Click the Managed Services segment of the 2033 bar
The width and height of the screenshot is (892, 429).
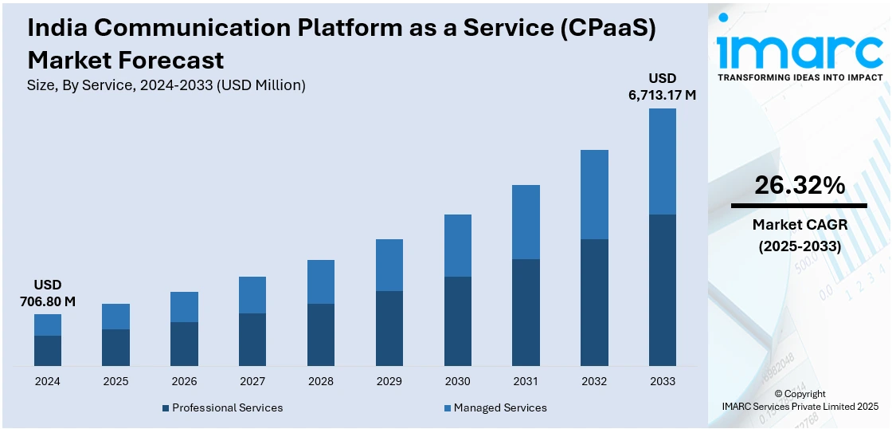662,161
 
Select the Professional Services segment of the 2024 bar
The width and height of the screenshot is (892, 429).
48,351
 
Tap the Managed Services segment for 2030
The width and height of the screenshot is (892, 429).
457,246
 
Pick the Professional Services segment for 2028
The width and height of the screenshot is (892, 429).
321,335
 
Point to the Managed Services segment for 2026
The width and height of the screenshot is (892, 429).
184,307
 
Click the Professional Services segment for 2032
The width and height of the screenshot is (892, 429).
594,303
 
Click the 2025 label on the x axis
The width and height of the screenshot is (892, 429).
115,381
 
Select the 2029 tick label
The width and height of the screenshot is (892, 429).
389,381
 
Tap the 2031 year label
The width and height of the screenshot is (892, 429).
526,381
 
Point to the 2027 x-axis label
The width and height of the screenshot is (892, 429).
252,381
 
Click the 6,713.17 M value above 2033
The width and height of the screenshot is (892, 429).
662,96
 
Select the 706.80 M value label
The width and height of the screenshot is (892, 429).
48,301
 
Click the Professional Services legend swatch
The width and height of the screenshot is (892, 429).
166,408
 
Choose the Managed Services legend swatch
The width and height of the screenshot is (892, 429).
448,408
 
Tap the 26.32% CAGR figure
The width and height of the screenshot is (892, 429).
799,186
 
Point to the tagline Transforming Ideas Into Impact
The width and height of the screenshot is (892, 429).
800,77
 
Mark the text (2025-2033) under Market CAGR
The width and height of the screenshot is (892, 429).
800,246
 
